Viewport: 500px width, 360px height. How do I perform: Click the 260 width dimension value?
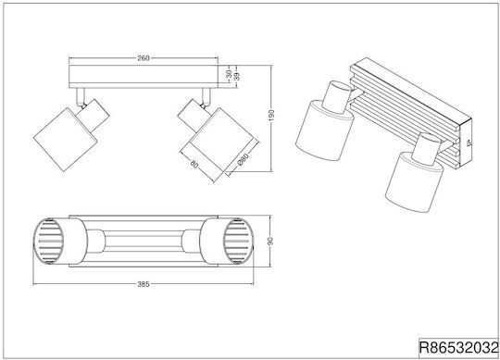coord(144,58)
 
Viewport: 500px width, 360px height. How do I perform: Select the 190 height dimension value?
coord(271,116)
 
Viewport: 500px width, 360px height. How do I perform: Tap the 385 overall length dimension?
coord(144,284)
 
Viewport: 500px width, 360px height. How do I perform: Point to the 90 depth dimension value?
coord(270,241)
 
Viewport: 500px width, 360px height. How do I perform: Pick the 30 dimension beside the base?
coord(229,74)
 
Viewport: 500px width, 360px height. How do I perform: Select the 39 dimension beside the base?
coord(237,76)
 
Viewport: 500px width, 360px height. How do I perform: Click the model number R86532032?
coord(458,348)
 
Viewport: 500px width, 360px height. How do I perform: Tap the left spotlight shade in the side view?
coord(66,140)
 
